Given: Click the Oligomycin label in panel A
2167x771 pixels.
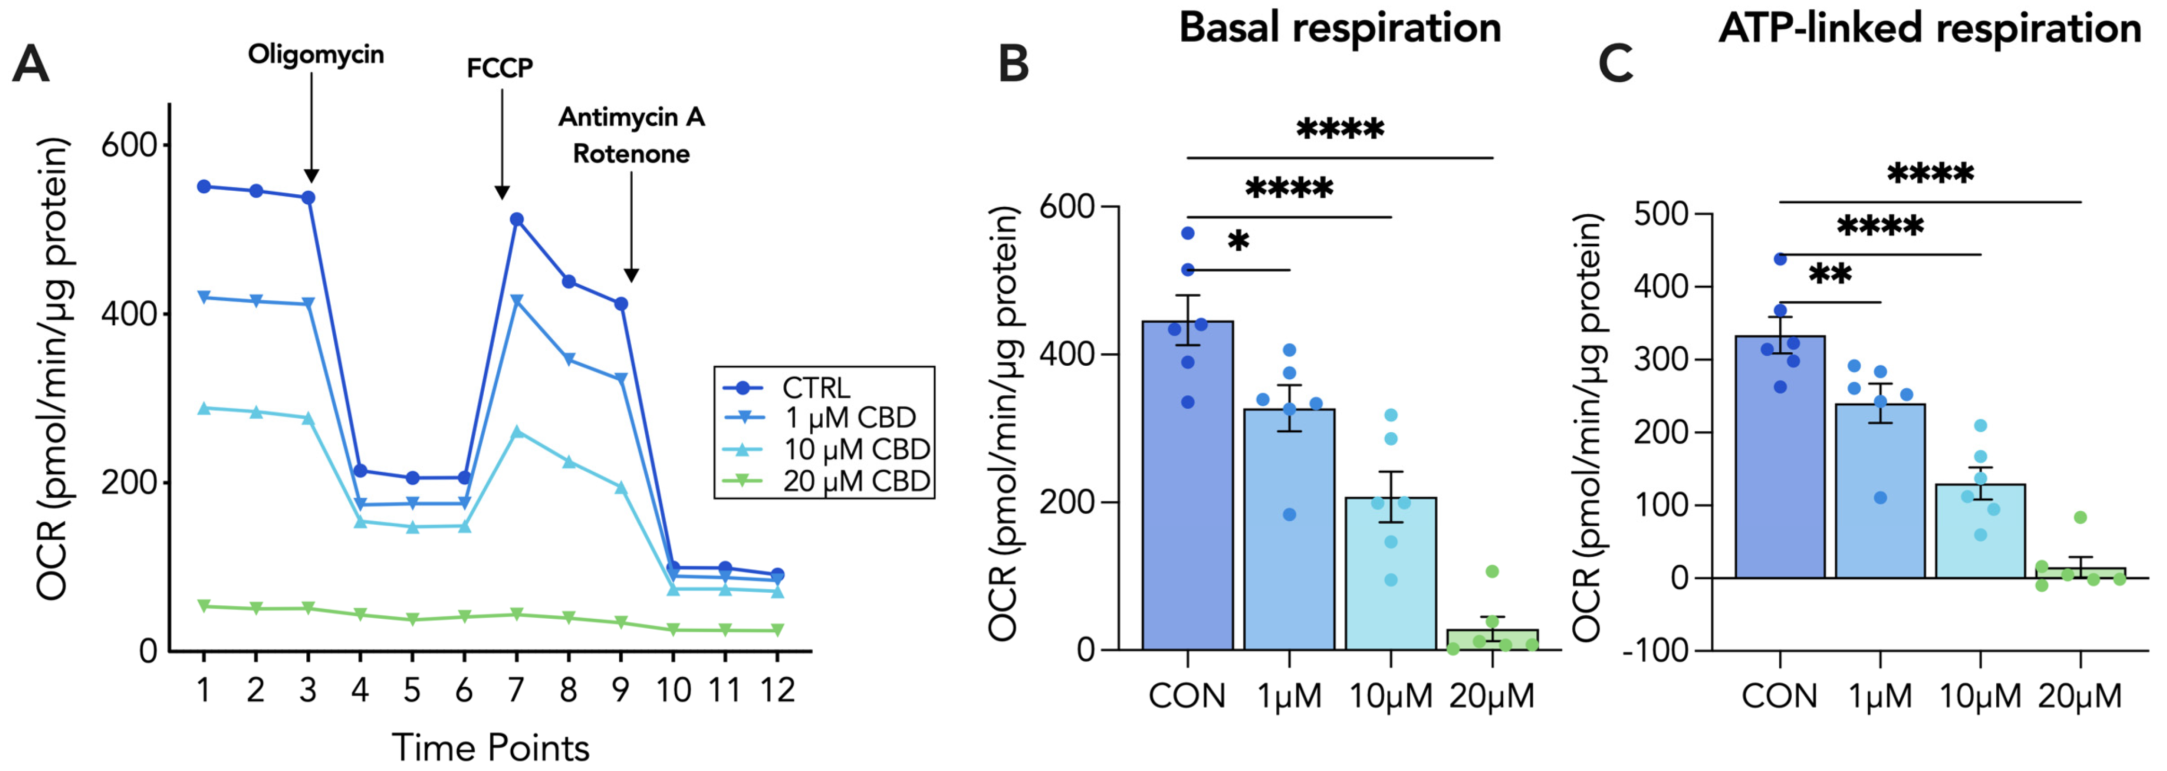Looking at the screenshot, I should [316, 55].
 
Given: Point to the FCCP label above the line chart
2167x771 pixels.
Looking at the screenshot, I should [500, 68].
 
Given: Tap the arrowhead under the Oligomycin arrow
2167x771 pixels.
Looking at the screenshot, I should [310, 176].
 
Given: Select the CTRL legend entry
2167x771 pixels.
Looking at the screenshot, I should [815, 388].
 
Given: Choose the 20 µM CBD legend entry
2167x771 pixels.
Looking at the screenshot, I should [855, 482].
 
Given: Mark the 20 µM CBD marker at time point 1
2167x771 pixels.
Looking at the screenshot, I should [203, 606].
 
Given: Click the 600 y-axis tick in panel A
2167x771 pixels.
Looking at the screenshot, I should [129, 145].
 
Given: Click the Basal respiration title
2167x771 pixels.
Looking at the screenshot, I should [1339, 28].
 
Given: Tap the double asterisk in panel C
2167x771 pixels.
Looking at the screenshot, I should [1830, 274].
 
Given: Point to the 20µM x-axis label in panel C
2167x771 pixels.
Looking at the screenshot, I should [2079, 696].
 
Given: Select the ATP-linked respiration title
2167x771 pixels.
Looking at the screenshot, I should [1929, 28].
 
